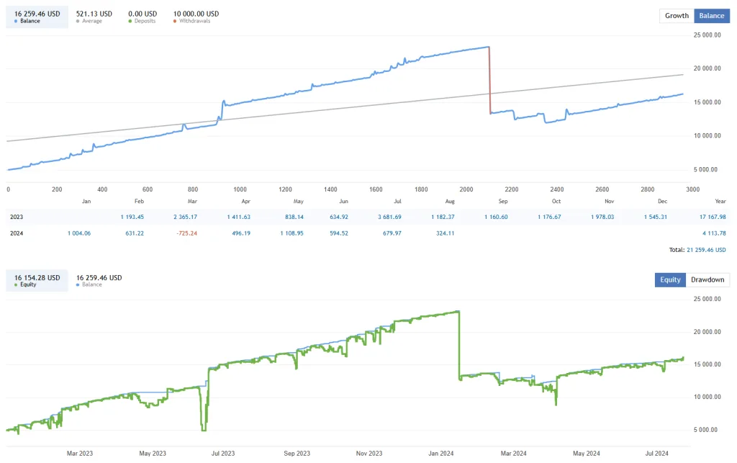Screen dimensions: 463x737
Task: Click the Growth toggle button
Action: click(677, 16)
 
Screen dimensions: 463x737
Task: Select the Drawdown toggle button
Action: click(707, 279)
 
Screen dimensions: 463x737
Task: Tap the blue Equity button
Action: click(670, 279)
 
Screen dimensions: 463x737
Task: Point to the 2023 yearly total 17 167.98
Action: click(708, 216)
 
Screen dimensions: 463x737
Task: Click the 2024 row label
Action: click(17, 233)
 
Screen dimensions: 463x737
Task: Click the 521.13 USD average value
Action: click(94, 14)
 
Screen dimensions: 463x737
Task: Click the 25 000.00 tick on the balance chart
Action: click(706, 35)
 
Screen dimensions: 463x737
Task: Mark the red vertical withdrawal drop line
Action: click(489, 79)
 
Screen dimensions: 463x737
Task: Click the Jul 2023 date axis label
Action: click(222, 453)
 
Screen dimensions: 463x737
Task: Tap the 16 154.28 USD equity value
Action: click(37, 277)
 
